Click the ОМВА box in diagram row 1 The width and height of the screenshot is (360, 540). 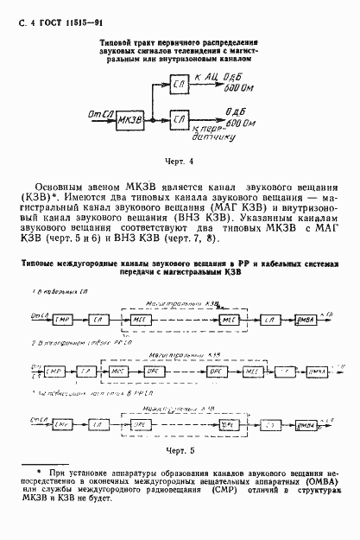[x=305, y=320]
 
